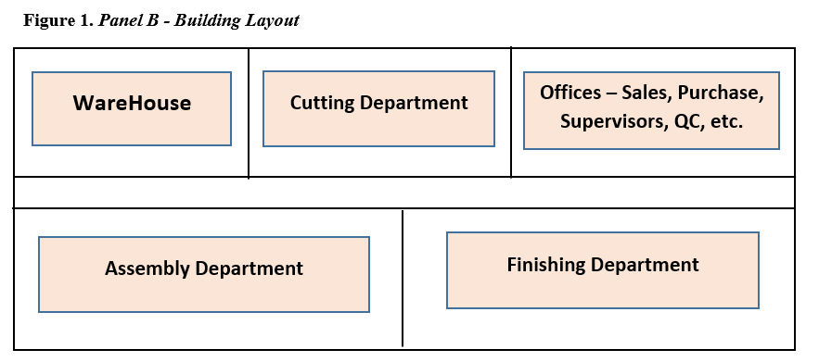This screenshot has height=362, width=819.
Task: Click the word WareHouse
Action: point(132,103)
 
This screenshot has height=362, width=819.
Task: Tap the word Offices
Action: point(569,93)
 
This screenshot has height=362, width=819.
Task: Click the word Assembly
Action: point(148,268)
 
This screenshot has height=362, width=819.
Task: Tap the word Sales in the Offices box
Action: point(646,93)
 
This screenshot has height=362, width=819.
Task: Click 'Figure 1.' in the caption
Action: point(58,20)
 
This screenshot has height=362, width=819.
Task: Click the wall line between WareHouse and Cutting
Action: point(249,113)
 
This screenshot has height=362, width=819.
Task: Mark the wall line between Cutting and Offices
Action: point(511,113)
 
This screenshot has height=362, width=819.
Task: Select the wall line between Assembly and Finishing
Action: point(403,278)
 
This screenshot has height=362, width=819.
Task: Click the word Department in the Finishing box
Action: point(650,265)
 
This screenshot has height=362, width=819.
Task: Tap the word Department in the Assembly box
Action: point(252,268)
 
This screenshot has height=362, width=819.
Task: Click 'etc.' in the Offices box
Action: point(726,121)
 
